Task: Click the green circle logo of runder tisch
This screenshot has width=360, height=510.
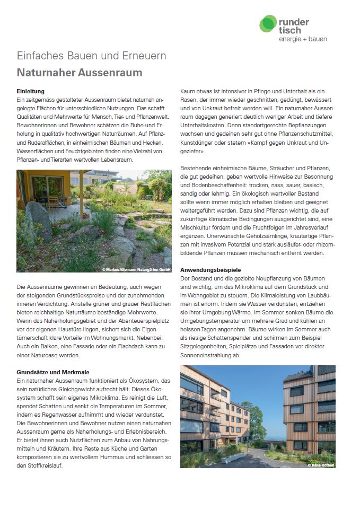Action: (268, 24)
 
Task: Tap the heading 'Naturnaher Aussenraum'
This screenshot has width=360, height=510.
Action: (80, 72)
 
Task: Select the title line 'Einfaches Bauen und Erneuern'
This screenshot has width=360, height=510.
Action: (91, 56)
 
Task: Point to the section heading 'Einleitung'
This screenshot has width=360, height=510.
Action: (31, 92)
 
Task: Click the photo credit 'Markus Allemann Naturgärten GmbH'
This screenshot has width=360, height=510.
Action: (137, 270)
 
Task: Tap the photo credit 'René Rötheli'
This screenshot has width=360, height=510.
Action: (321, 465)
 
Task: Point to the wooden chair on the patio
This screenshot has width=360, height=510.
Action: (54, 202)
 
